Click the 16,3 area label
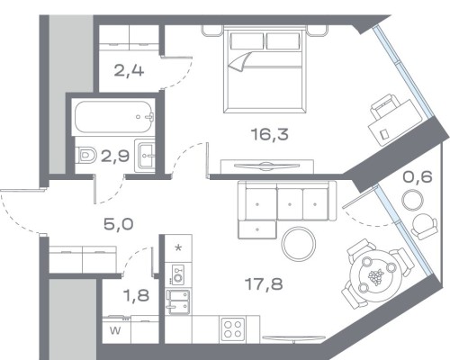pos(270,134)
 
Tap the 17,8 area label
pos(264,283)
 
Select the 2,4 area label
pos(129,71)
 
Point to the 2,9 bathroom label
pos(115,156)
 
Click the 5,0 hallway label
pos(118,224)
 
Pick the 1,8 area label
pos(137,295)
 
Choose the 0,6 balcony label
pos(418,176)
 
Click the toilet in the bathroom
pos(85,155)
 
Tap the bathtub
pos(115,116)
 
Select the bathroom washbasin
pos(145,156)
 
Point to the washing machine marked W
pos(116,329)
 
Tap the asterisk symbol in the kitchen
pos(178,248)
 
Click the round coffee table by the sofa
pos(299,244)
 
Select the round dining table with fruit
pos(376,276)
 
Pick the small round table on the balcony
pos(412,201)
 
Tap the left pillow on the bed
pos(247,41)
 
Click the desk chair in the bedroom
pos(383,105)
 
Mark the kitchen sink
pos(178,301)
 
